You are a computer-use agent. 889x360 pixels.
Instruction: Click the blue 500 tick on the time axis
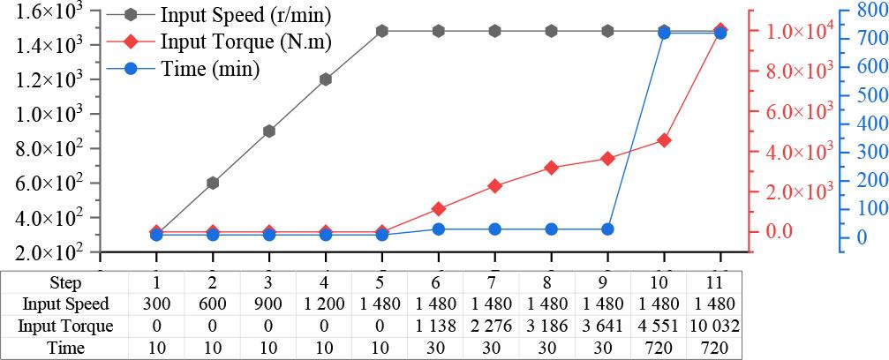[x=861, y=95]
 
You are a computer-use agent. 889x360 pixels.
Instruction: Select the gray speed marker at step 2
[x=213, y=183]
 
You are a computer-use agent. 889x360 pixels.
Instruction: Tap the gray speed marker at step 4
[x=326, y=79]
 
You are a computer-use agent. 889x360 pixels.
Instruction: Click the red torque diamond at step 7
[x=494, y=186]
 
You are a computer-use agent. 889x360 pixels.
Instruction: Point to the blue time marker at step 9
[x=607, y=229]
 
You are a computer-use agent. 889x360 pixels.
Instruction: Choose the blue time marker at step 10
[x=664, y=34]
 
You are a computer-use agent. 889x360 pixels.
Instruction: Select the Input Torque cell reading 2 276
[x=494, y=326]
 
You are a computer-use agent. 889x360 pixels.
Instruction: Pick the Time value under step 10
[x=664, y=349]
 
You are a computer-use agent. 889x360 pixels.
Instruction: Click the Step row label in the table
[x=66, y=283]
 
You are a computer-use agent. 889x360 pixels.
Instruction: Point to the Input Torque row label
[x=66, y=326]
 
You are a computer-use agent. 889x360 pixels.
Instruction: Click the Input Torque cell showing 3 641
[x=607, y=326]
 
